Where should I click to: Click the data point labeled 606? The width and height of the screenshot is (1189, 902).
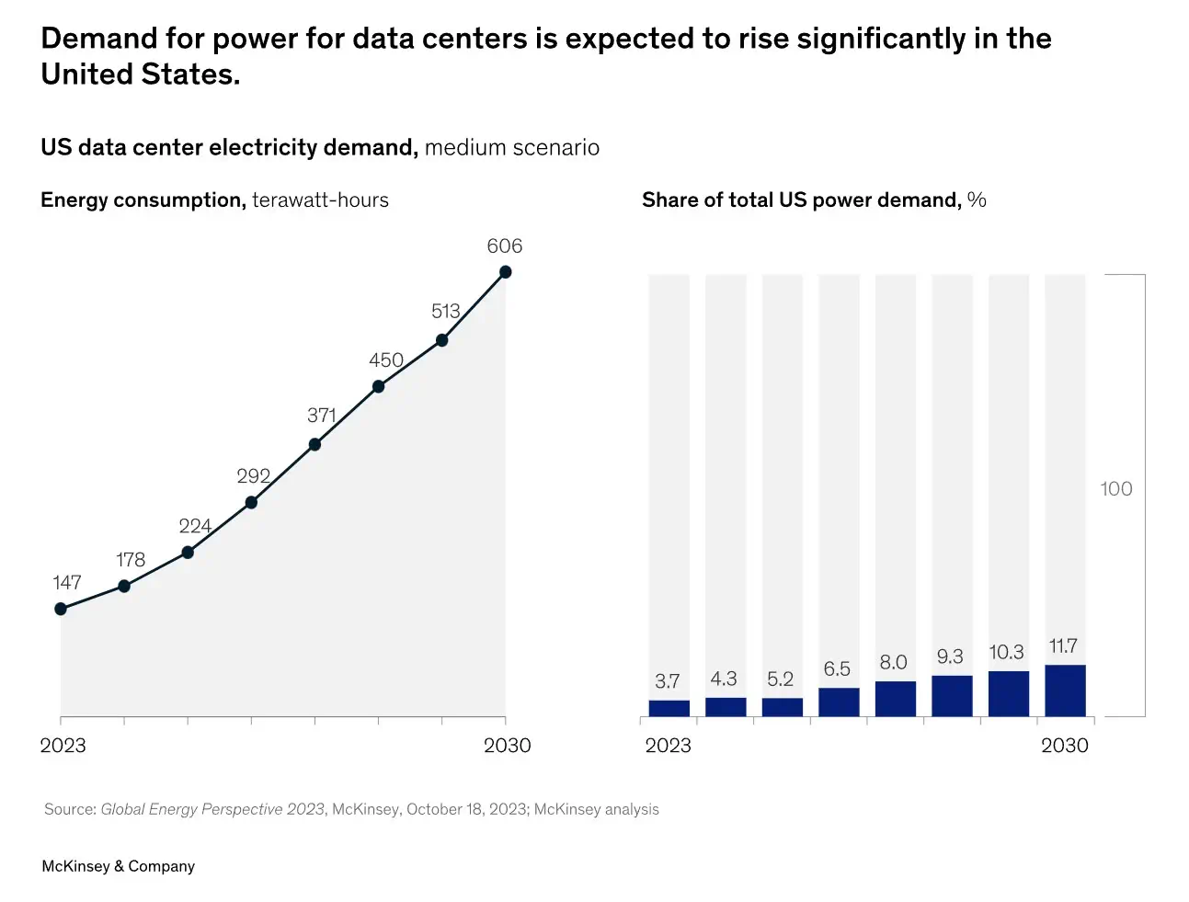[505, 272]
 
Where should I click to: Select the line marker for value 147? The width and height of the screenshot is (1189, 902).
[61, 609]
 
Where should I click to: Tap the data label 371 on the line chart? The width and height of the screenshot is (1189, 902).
[321, 416]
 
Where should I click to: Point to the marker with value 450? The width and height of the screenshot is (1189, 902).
[378, 386]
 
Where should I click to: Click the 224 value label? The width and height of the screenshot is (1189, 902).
[195, 526]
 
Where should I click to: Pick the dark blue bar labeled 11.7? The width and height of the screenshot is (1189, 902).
[1065, 691]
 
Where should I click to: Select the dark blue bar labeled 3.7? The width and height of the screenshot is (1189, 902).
[669, 708]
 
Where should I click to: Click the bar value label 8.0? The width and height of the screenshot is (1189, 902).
[893, 662]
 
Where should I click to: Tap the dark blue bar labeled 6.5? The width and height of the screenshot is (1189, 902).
[839, 702]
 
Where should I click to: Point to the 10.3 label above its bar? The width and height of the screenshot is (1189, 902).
[1006, 652]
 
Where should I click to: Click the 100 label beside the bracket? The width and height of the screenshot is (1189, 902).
[1116, 489]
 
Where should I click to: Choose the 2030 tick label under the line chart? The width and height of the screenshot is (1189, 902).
[508, 746]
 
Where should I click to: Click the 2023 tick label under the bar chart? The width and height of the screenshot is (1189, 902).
[668, 746]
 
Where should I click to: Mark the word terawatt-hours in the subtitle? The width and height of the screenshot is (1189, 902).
[320, 200]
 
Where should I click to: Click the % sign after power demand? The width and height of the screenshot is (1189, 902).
[977, 200]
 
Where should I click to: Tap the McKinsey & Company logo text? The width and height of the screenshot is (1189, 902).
[119, 866]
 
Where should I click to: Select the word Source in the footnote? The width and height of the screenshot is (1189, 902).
[69, 809]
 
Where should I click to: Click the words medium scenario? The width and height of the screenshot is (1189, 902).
[512, 148]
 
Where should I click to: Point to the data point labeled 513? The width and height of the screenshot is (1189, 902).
[441, 340]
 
